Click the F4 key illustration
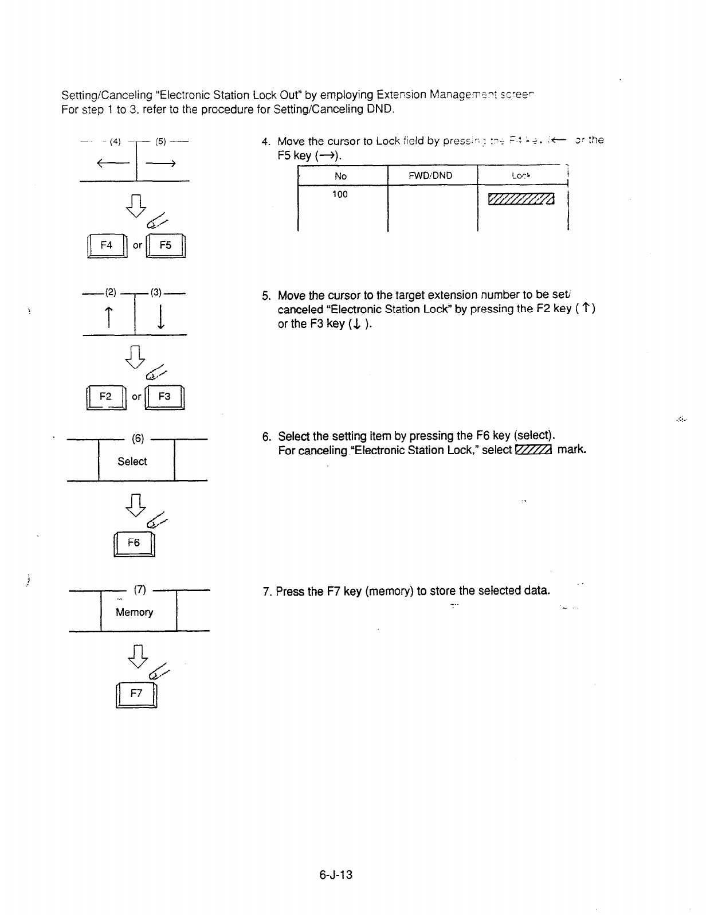click(x=107, y=245)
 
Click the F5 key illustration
click(x=166, y=245)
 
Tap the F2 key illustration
click(x=106, y=397)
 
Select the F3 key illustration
click(x=164, y=397)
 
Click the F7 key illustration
click(x=136, y=694)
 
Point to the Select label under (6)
click(x=132, y=462)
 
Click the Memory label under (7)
click(x=135, y=612)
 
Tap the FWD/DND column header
click(x=431, y=175)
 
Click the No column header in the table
click(x=340, y=176)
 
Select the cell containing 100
click(x=340, y=194)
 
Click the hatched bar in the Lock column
click(x=521, y=199)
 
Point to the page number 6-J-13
click(x=336, y=875)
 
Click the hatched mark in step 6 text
click(x=534, y=450)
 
